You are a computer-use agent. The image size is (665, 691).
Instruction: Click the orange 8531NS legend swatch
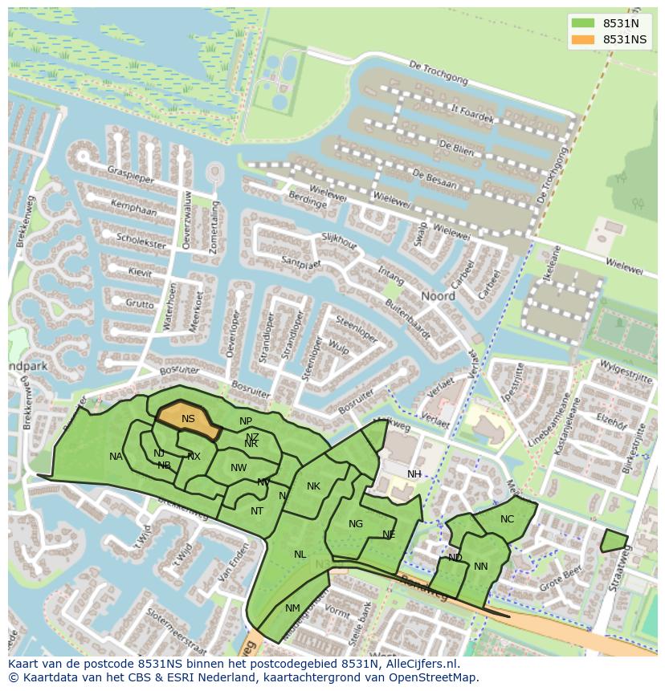584,39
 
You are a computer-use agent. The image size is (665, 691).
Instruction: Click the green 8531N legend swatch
584,23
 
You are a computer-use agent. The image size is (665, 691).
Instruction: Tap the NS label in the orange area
188,419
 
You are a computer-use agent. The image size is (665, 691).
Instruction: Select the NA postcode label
116,457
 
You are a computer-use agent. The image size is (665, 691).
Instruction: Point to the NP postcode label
246,421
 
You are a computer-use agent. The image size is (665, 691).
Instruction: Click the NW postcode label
239,468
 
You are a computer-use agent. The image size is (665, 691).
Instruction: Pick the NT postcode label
257,511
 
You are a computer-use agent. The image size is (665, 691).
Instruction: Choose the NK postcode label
313,486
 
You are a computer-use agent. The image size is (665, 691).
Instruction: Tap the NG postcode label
356,524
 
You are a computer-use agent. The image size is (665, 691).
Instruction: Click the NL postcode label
300,555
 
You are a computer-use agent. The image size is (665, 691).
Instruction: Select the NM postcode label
292,608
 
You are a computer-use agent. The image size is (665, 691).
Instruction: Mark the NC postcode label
507,519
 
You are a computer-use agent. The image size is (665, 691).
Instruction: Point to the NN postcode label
481,567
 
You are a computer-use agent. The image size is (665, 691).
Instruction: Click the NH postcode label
414,474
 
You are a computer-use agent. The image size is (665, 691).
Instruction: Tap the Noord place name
439,296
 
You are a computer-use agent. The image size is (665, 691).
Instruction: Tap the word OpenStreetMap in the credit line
434,677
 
